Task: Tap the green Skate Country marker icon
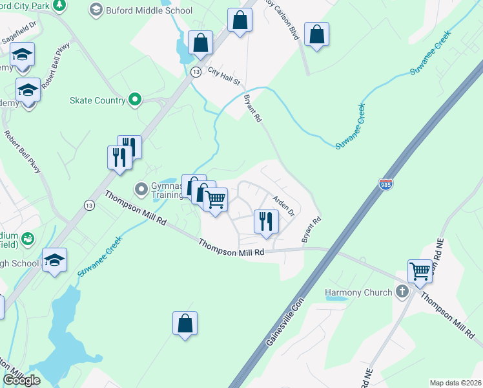point(135,100)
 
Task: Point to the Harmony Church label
point(358,292)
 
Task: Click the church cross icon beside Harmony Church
point(402,292)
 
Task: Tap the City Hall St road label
point(224,76)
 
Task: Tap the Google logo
point(21,380)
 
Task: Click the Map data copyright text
point(456,383)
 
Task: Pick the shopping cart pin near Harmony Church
point(420,270)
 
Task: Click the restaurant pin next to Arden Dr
point(265,221)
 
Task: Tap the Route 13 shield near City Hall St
point(195,72)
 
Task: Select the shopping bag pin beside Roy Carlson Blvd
point(240,20)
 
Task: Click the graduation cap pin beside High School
point(55,260)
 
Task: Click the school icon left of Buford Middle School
point(96,10)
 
